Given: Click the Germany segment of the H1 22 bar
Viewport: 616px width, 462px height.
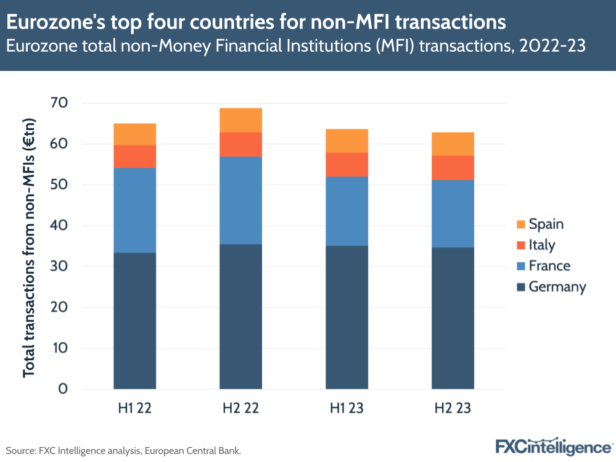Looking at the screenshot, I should point(134,321).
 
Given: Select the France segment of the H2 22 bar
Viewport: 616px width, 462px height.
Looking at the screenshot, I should point(241,200).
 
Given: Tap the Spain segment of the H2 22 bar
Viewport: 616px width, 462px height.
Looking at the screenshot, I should point(241,120).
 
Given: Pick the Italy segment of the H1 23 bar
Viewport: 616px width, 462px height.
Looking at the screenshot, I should point(347,164).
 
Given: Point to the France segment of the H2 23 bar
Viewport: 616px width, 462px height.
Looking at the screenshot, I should point(453,213).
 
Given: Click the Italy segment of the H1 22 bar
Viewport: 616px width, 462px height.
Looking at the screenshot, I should point(134,156).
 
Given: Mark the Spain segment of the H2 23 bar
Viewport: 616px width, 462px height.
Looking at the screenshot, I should point(453,144).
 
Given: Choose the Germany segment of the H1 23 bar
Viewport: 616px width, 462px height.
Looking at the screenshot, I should point(347,317).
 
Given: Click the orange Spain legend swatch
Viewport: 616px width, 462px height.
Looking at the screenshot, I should point(520,225).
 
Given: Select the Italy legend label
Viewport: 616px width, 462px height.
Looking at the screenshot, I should point(542,245).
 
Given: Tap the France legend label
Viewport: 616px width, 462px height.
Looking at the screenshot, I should point(549,266).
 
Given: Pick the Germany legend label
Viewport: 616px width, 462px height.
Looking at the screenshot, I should point(557,287).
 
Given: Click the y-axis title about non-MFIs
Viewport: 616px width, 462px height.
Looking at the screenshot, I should point(28,246).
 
